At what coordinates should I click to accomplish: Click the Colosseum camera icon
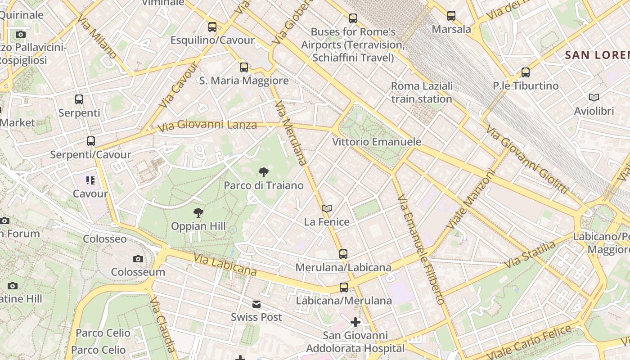pyautogui.click(x=138, y=259)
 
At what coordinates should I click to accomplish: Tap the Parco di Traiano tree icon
pyautogui.click(x=264, y=172)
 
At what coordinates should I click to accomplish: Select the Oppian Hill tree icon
pyautogui.click(x=198, y=213)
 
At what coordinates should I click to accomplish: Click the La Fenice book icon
pyautogui.click(x=327, y=209)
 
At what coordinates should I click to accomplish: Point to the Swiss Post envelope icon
pyautogui.click(x=256, y=304)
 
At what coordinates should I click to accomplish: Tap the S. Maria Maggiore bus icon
pyautogui.click(x=244, y=67)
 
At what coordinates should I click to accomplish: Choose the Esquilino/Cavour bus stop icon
pyautogui.click(x=212, y=27)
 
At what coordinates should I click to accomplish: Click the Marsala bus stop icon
pyautogui.click(x=451, y=16)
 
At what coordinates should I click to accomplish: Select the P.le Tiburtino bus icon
pyautogui.click(x=525, y=72)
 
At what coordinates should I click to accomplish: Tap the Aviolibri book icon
pyautogui.click(x=594, y=97)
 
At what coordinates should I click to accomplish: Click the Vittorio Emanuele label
pyautogui.click(x=377, y=142)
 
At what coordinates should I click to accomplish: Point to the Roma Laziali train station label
pyautogui.click(x=422, y=92)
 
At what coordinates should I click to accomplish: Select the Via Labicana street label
pyautogui.click(x=225, y=265)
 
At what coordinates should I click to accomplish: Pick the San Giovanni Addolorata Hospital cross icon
pyautogui.click(x=355, y=322)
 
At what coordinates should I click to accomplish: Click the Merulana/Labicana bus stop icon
pyautogui.click(x=343, y=254)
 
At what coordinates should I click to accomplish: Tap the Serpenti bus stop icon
pyautogui.click(x=79, y=99)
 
